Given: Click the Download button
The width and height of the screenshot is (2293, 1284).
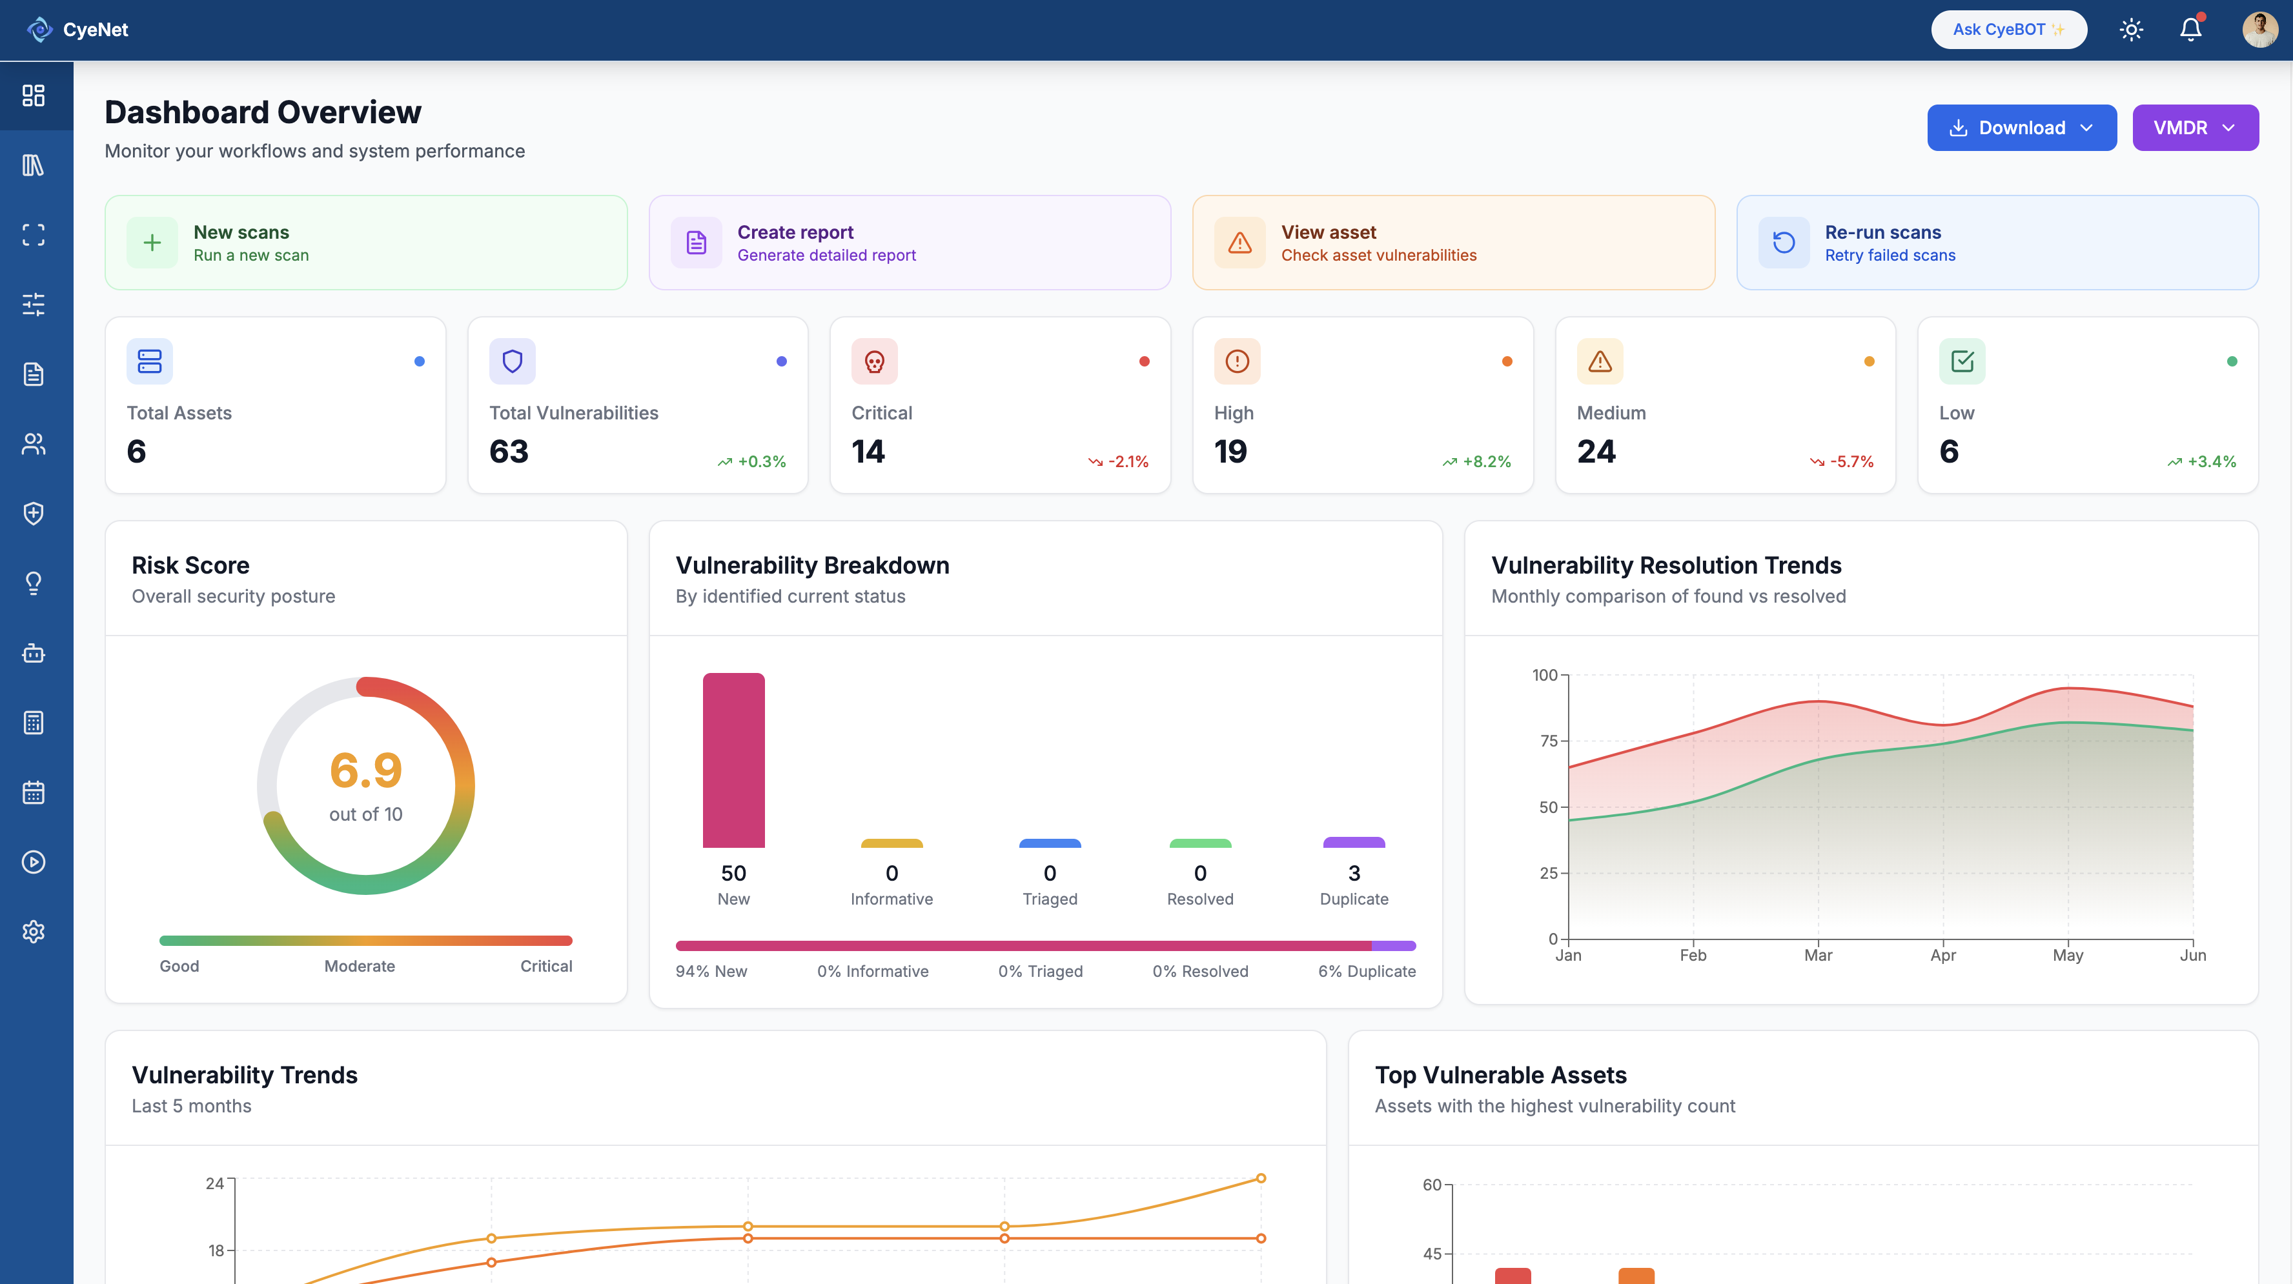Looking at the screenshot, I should tap(2021, 127).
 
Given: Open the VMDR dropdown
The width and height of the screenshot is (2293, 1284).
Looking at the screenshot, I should tap(2194, 127).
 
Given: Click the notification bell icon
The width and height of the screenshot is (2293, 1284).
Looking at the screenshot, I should tap(2190, 30).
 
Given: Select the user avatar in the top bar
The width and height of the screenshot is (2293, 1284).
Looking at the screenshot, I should tap(2259, 30).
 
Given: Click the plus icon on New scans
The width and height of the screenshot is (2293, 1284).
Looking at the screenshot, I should tap(152, 242).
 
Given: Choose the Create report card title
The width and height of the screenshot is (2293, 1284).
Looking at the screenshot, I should tap(795, 232).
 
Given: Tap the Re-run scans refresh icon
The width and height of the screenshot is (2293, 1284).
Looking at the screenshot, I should tap(1783, 242).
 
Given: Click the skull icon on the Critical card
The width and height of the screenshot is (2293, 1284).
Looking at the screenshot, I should tap(874, 361).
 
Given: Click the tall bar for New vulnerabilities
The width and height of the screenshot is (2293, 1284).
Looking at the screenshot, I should tap(733, 760).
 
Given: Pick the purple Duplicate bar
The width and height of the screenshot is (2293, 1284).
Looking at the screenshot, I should tap(1353, 842).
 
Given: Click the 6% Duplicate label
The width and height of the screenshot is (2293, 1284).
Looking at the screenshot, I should tap(1367, 972).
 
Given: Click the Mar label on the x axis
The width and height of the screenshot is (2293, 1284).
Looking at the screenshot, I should tap(1818, 955).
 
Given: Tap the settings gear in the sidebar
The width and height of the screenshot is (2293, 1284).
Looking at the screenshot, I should tap(34, 932).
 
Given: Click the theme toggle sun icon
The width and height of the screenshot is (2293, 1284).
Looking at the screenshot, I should tap(2131, 30).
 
